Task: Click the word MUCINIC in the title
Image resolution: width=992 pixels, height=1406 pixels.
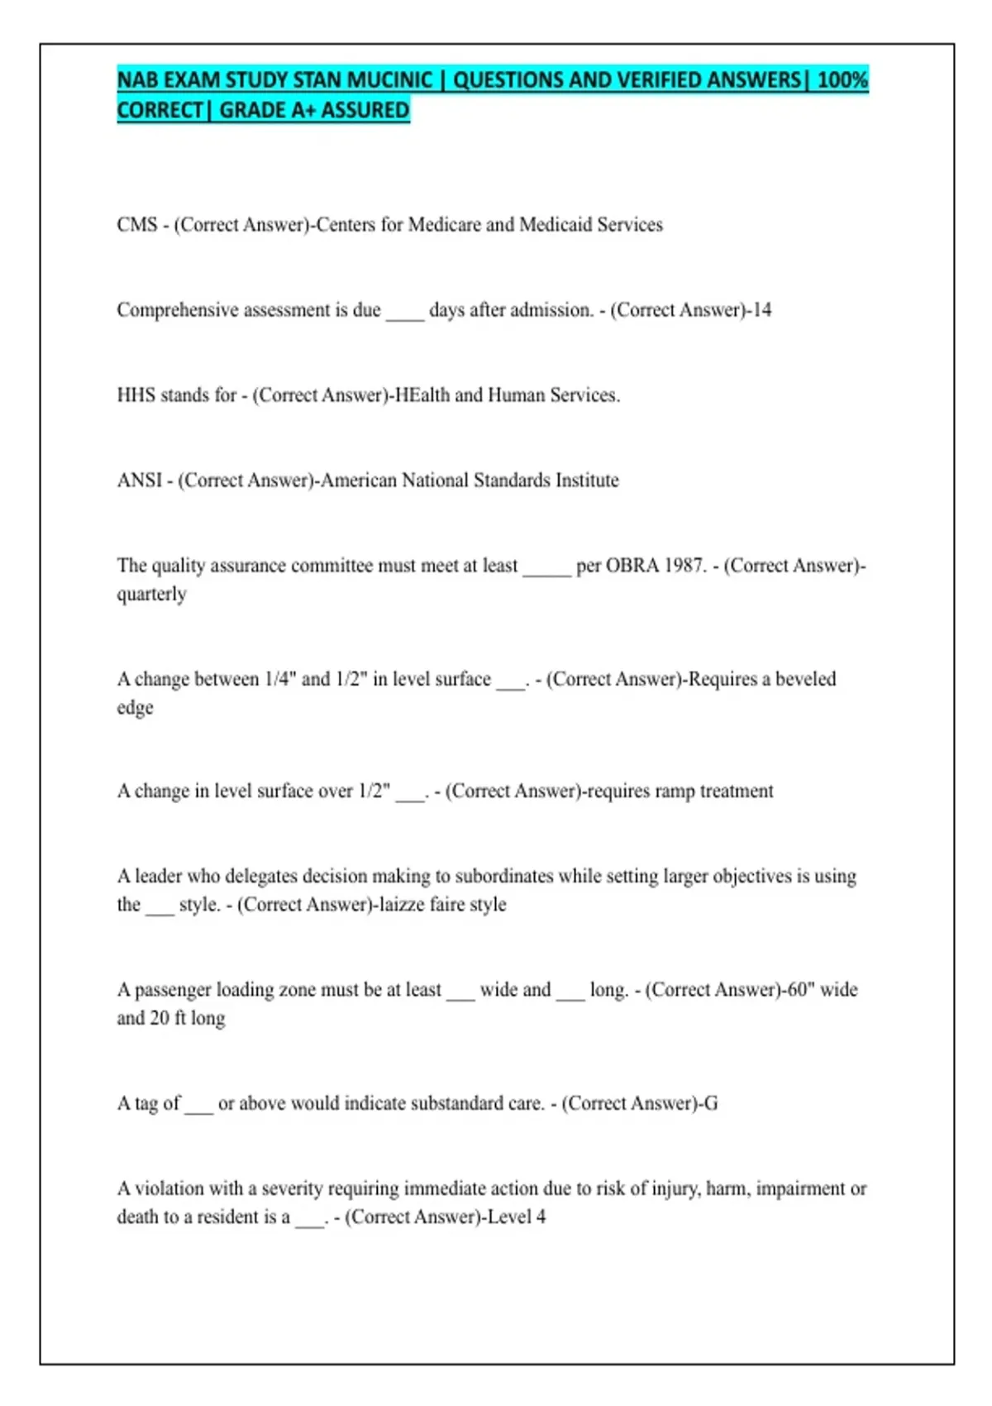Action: point(389,80)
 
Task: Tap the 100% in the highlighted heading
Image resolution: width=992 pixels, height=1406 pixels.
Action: point(842,80)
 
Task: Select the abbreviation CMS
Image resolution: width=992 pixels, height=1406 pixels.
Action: point(137,225)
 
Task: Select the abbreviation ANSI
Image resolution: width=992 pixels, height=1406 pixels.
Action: point(140,481)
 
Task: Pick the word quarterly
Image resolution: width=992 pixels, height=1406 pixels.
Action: point(151,595)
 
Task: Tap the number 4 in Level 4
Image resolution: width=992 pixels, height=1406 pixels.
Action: point(541,1217)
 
